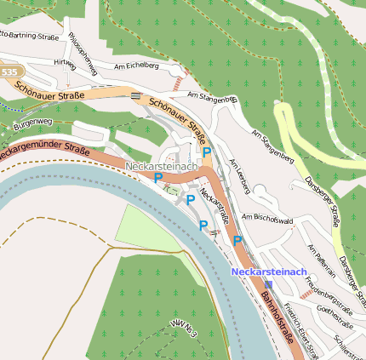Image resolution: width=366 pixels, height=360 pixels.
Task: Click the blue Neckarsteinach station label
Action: click(x=268, y=271)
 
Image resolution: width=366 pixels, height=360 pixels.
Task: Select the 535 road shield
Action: click(x=9, y=73)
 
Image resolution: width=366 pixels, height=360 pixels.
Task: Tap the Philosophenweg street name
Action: click(x=83, y=52)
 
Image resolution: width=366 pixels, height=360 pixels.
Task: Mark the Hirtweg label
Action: click(x=65, y=63)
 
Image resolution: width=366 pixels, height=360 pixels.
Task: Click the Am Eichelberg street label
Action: click(x=136, y=65)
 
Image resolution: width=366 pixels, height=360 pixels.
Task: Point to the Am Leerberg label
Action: click(x=241, y=175)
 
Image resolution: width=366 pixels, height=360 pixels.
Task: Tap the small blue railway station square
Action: click(x=269, y=284)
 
